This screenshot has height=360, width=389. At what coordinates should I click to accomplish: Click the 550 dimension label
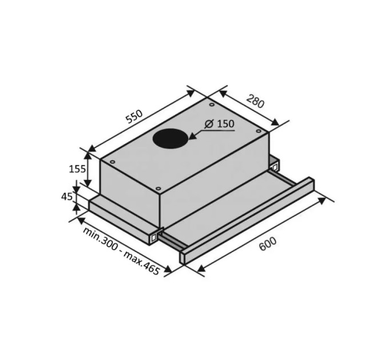[134, 116]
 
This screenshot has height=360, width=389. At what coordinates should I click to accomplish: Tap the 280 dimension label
[255, 101]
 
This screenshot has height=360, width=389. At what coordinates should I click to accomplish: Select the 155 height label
[77, 169]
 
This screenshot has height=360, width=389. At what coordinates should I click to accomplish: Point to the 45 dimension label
[67, 197]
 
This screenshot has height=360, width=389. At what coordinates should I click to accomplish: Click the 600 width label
[268, 243]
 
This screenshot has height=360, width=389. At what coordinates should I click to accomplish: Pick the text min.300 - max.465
[121, 250]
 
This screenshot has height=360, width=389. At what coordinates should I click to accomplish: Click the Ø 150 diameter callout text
[220, 123]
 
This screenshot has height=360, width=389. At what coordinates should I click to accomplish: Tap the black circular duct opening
[170, 139]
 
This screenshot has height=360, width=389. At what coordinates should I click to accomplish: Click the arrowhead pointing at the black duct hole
[192, 137]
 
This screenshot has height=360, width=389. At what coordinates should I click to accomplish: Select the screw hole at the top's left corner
[112, 162]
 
